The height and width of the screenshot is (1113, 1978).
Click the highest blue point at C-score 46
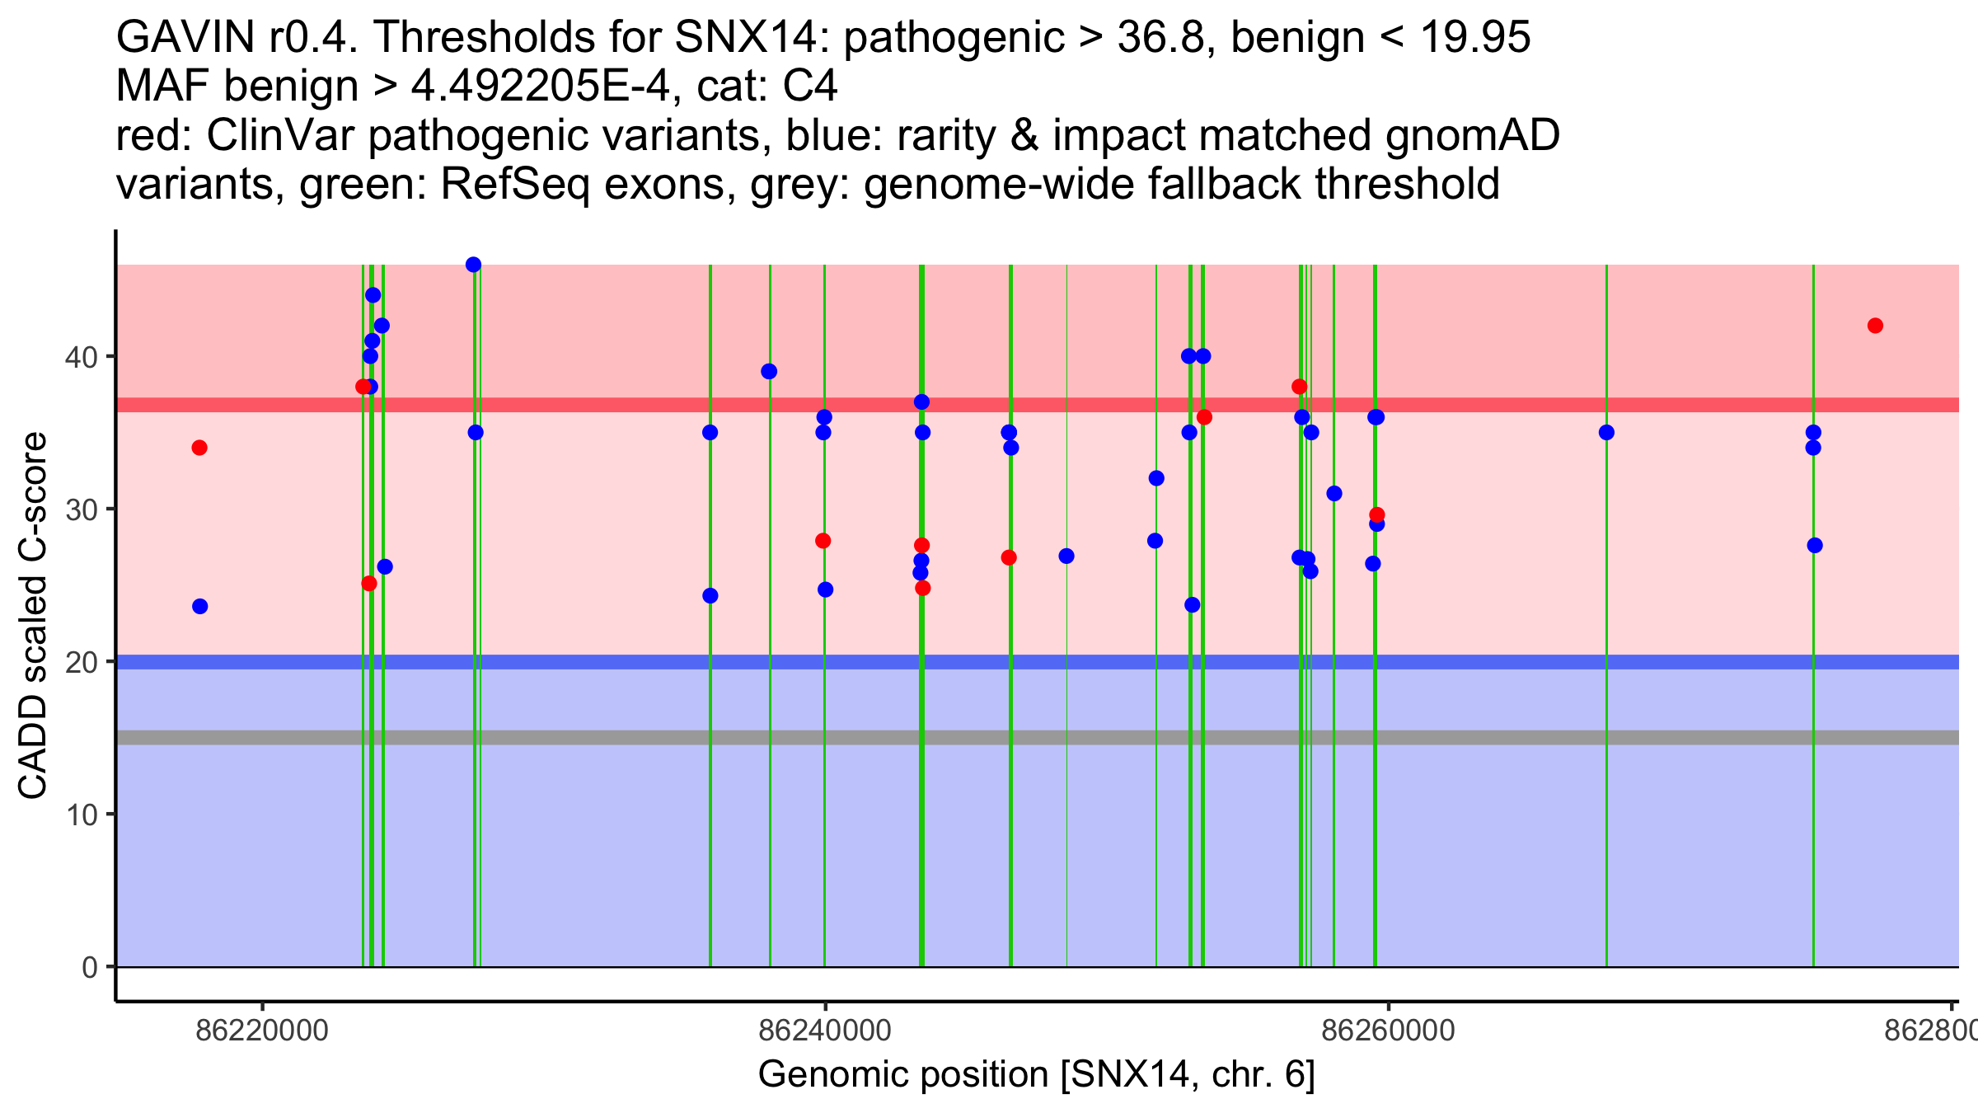[473, 265]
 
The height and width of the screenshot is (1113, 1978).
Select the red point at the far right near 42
[1875, 326]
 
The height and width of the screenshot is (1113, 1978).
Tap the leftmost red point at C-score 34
[199, 448]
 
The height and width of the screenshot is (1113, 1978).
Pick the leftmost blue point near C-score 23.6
[200, 607]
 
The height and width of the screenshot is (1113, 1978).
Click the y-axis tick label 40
[80, 357]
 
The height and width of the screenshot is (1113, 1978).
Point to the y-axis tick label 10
[80, 815]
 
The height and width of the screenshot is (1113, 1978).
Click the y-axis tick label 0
[89, 967]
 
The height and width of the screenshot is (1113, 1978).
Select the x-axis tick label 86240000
[825, 1031]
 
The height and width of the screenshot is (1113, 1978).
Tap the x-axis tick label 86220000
[262, 1031]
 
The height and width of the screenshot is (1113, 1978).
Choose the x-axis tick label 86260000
[1389, 1031]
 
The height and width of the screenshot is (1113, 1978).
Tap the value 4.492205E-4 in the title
[541, 86]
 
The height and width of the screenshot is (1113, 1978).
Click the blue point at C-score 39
[769, 371]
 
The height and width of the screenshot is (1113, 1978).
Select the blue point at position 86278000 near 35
[1813, 433]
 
